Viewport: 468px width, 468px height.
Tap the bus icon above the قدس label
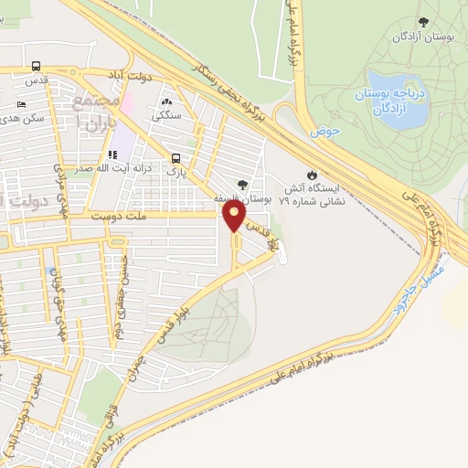[36, 66]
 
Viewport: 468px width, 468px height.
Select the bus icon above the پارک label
[175, 157]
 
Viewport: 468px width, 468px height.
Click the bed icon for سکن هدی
[21, 103]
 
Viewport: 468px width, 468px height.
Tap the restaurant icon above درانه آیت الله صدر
[113, 155]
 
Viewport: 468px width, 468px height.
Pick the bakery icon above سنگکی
[167, 101]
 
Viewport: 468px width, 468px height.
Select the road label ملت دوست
[119, 217]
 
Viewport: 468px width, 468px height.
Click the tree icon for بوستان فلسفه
[242, 185]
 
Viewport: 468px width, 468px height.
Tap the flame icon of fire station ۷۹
[312, 174]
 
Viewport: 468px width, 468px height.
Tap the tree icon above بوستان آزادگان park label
[422, 22]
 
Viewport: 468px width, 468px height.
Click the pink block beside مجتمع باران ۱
[126, 102]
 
